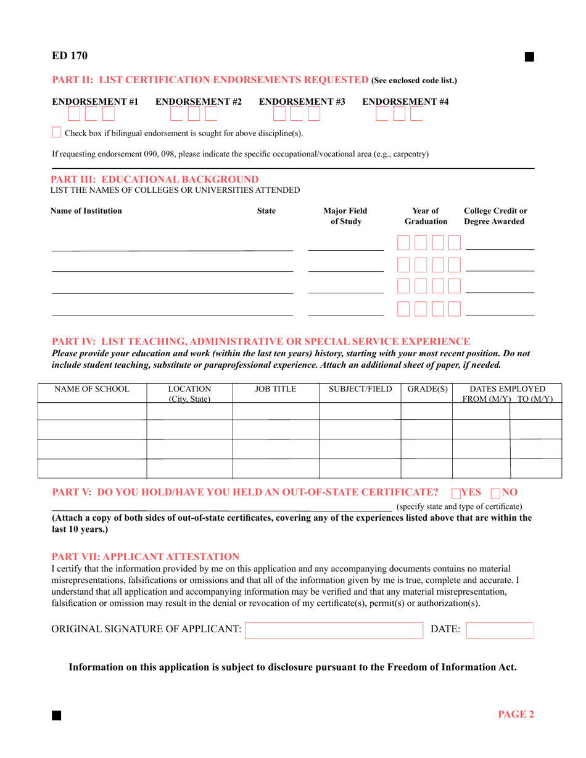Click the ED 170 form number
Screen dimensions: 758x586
tap(69, 56)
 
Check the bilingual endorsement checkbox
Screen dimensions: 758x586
tap(56, 132)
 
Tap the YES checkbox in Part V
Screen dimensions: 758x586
tap(456, 493)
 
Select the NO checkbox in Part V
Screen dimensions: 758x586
tap(495, 493)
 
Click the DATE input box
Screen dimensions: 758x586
tap(499, 630)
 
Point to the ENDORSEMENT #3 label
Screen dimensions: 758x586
tap(302, 101)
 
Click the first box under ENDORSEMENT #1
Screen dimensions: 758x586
tap(73, 114)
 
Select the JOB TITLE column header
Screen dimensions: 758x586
tap(275, 389)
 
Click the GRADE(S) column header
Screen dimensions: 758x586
tap(427, 389)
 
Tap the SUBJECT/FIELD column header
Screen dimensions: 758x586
tap(360, 389)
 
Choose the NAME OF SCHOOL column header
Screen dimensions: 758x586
tap(92, 389)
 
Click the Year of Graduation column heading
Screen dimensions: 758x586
tap(426, 216)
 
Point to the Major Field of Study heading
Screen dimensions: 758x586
tap(345, 216)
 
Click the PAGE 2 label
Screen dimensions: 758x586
tap(516, 714)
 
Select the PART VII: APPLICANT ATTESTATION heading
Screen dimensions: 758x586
tap(145, 556)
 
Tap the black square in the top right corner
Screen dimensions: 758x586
tap(529, 57)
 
